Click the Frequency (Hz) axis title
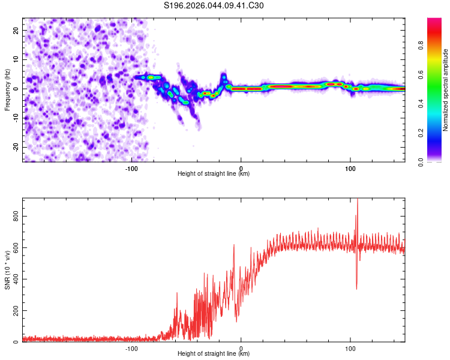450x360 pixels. [8, 89]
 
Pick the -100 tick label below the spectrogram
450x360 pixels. [131, 169]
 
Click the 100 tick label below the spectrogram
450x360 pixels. [350, 169]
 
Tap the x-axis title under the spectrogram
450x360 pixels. [214, 174]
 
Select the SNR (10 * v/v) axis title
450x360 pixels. [8, 270]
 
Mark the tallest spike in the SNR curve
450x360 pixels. [358, 200]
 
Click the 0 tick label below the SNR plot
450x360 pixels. [241, 349]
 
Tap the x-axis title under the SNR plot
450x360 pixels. [214, 354]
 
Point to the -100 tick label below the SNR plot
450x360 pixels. [131, 349]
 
